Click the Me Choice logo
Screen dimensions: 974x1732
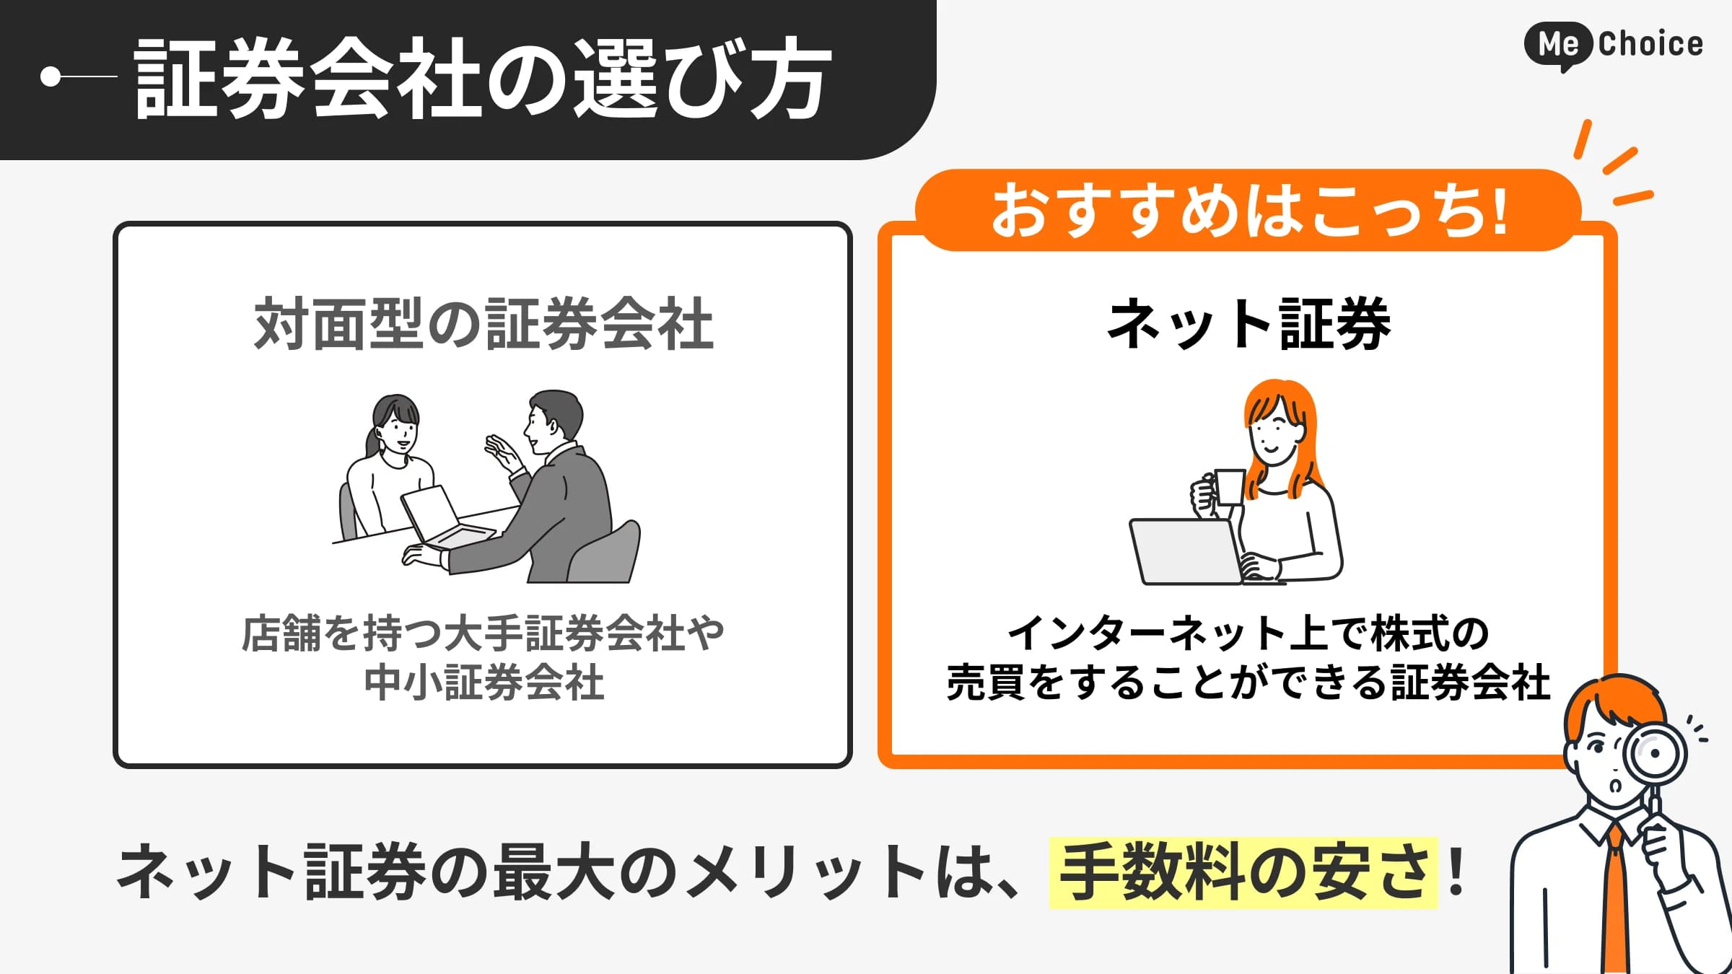click(x=1614, y=45)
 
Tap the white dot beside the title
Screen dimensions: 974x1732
click(x=51, y=76)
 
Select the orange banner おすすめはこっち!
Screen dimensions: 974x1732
click(x=1248, y=211)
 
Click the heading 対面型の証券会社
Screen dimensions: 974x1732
click(x=484, y=324)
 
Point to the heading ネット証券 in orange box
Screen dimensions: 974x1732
click(x=1248, y=324)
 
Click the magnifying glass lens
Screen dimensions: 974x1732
click(x=1654, y=753)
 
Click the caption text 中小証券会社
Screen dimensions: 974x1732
click(x=484, y=683)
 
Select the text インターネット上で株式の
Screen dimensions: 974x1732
click(x=1248, y=633)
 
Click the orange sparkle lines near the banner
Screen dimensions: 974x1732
click(x=1617, y=163)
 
